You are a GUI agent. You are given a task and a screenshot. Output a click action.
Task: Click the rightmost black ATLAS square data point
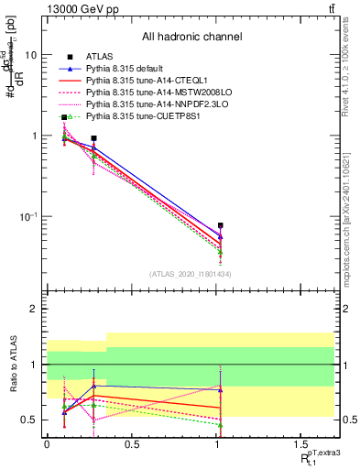coord(221,225)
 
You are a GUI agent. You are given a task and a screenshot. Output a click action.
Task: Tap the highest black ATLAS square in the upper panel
coord(64,117)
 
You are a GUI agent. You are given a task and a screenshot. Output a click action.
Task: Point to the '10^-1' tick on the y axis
coord(27,216)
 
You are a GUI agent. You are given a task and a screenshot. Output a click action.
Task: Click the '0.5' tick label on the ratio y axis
coord(28,420)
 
